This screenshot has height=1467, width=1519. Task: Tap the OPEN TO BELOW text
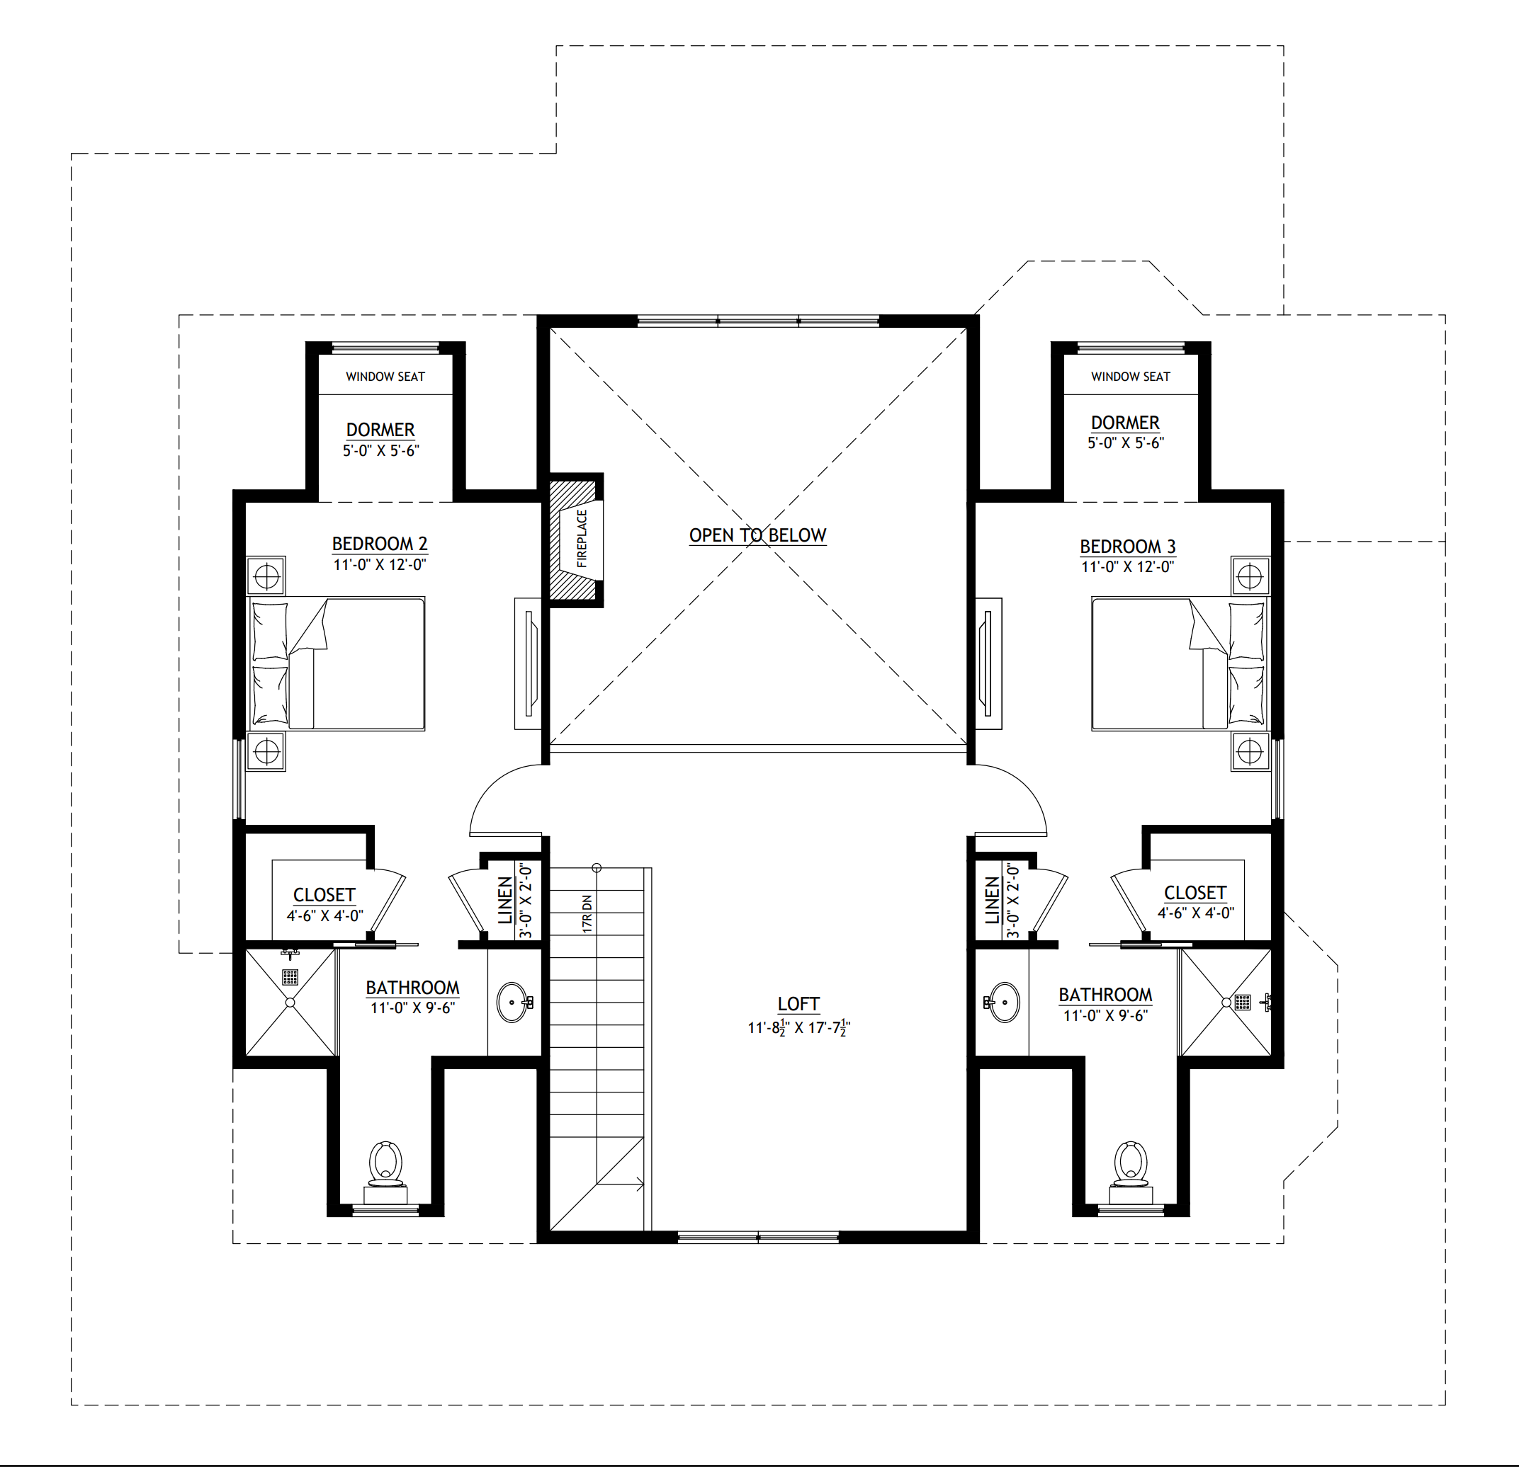pos(757,535)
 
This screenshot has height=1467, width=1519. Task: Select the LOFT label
pos(798,1004)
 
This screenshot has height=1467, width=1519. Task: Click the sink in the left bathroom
pos(513,1003)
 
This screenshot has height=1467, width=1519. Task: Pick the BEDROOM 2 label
pos(380,544)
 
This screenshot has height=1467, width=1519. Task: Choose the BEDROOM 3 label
pos(1128,546)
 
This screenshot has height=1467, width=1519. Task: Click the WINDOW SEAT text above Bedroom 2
pos(385,377)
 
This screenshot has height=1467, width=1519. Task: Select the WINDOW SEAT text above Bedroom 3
pos(1131,377)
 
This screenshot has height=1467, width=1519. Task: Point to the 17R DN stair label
pos(587,914)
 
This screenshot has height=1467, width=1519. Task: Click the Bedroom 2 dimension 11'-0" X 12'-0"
pos(380,565)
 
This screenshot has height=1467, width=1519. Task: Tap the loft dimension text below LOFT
pos(799,1028)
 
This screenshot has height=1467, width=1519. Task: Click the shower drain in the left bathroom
pos(290,977)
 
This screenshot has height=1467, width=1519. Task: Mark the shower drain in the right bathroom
pos(1242,1003)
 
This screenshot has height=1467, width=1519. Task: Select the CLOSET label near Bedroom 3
pos(1195,893)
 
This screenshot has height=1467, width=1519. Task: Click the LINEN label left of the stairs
pos(505,901)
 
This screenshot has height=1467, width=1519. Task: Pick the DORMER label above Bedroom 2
pos(380,430)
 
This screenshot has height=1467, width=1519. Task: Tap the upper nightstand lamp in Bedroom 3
pos(1250,576)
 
